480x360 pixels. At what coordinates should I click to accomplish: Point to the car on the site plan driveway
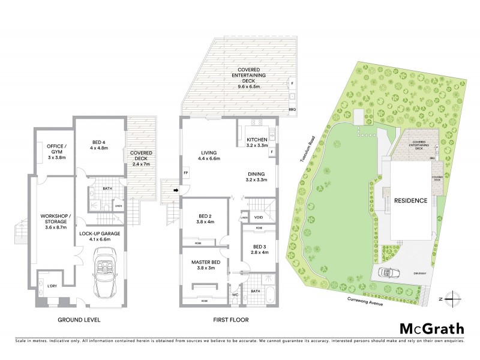pyautogui.click(x=389, y=273)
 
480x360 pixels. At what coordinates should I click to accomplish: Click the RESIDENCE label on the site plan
pyautogui.click(x=411, y=201)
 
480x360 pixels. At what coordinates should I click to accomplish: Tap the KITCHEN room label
pyautogui.click(x=256, y=142)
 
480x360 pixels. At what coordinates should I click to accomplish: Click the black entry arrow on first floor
pyautogui.click(x=176, y=191)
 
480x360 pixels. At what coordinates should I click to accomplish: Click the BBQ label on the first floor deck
pyautogui.click(x=292, y=110)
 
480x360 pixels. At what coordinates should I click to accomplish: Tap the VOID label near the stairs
pyautogui.click(x=258, y=217)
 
